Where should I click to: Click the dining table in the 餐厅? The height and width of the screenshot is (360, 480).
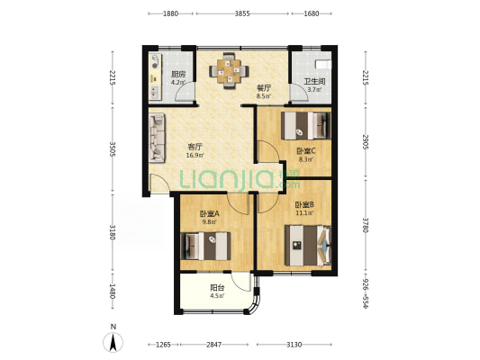click(x=229, y=71)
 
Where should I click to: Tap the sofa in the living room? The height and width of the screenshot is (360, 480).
click(x=157, y=138)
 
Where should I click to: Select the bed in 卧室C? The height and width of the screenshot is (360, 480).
click(x=306, y=126)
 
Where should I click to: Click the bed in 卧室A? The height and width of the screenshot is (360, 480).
click(x=205, y=247)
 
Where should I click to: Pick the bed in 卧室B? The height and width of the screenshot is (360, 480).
click(x=308, y=246)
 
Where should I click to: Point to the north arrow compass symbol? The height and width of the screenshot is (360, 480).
click(x=113, y=342)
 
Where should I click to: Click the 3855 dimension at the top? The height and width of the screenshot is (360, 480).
click(x=242, y=13)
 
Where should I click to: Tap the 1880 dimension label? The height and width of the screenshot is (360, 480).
click(x=170, y=13)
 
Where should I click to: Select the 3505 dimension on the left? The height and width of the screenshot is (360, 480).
click(x=113, y=149)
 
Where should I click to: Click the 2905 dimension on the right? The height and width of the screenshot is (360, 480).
click(x=366, y=142)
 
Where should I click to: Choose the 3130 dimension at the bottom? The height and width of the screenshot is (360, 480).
click(x=294, y=345)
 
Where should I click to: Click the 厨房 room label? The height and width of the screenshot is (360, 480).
click(x=178, y=75)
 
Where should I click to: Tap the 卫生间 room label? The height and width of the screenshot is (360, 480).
click(x=314, y=82)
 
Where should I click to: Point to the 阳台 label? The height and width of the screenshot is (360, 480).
click(x=217, y=288)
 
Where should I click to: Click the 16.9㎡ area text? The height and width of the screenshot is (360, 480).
click(x=195, y=155)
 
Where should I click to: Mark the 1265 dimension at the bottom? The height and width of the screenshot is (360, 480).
click(x=163, y=345)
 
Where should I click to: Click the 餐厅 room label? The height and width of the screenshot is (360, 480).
click(x=264, y=88)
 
